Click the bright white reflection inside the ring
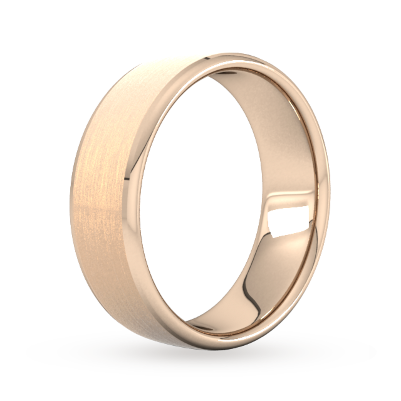(288, 222)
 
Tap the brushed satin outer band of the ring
(100, 200)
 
